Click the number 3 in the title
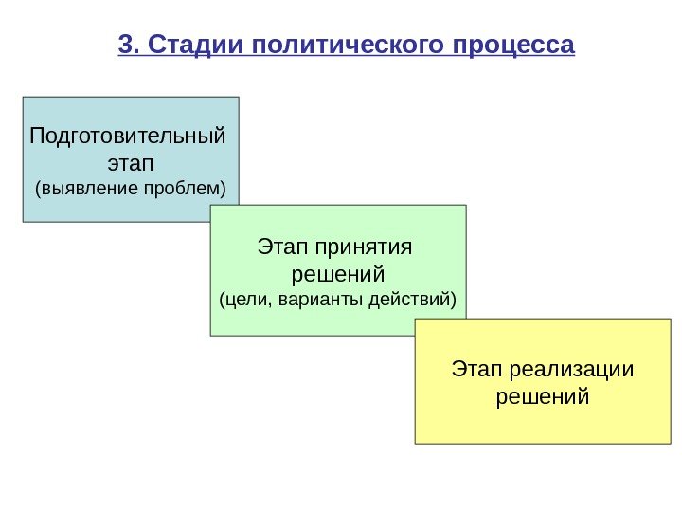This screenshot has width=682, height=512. (x=125, y=45)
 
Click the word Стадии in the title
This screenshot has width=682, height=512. (x=185, y=45)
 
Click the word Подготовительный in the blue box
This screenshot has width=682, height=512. (x=129, y=135)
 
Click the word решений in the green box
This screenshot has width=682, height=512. (x=337, y=275)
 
